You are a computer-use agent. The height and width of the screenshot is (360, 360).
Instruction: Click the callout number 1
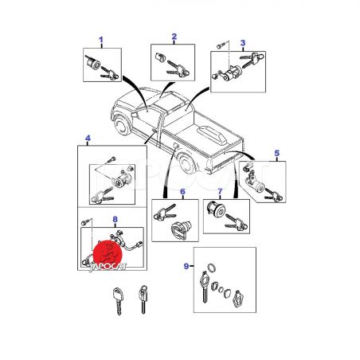click(x=101, y=40)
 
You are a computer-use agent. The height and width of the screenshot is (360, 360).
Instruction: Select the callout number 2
click(x=174, y=37)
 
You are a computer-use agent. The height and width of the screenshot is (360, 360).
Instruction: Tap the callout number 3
click(x=243, y=43)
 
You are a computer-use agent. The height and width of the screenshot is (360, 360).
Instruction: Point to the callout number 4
click(x=88, y=138)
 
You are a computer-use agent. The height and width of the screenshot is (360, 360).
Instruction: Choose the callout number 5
click(x=277, y=153)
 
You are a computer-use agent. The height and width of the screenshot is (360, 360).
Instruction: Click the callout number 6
click(x=182, y=191)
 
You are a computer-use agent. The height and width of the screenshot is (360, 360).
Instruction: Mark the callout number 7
click(x=220, y=191)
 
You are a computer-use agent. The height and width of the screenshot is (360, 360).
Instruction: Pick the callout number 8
click(x=115, y=219)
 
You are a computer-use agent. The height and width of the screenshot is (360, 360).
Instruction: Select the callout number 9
click(x=186, y=266)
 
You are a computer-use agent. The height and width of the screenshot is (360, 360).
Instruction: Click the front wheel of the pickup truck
click(x=121, y=125)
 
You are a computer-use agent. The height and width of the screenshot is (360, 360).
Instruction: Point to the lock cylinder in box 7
click(x=216, y=209)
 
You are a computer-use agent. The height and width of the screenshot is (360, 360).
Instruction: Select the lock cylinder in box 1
click(x=93, y=63)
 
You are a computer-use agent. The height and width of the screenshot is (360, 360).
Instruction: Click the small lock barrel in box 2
click(x=160, y=57)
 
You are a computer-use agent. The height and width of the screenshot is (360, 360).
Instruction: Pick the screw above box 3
click(x=221, y=45)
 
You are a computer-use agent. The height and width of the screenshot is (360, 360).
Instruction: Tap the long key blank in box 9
click(x=205, y=287)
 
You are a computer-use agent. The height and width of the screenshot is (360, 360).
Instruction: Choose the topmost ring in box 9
click(x=212, y=268)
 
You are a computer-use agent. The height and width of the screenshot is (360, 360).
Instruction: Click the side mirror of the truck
click(x=135, y=115)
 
